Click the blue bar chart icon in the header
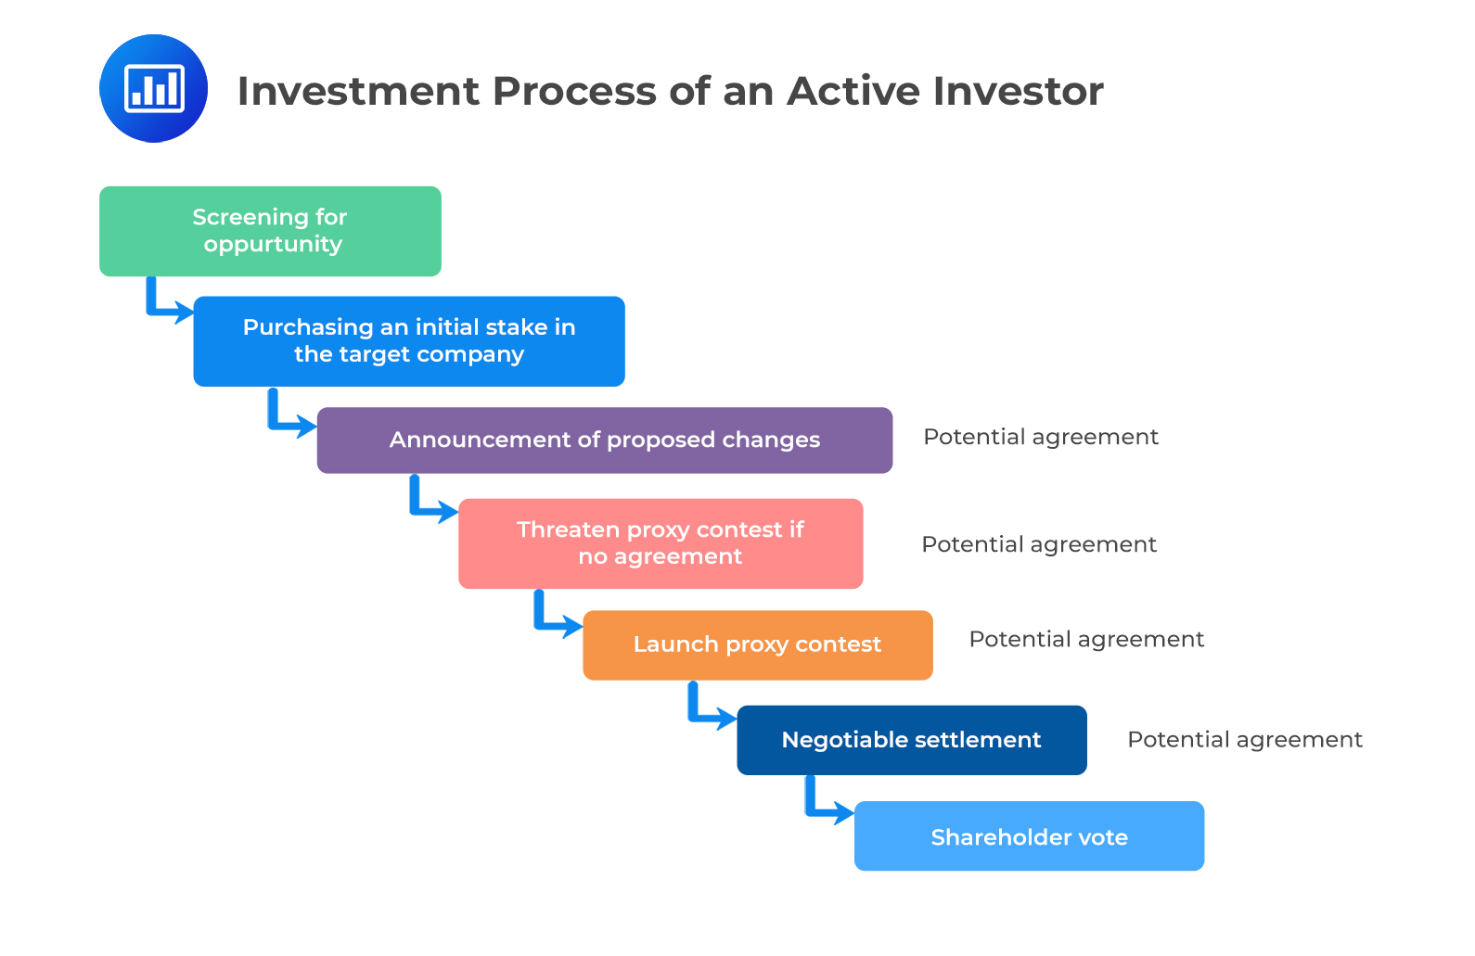pyautogui.click(x=153, y=88)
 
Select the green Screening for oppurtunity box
pyautogui.click(x=270, y=231)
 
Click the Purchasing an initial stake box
pyautogui.click(x=409, y=341)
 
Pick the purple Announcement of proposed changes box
pyautogui.click(x=605, y=440)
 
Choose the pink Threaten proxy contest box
pyautogui.click(x=661, y=543)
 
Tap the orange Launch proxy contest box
pyautogui.click(x=757, y=645)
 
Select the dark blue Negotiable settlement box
pyautogui.click(x=911, y=740)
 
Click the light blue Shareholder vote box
pyautogui.click(x=1029, y=836)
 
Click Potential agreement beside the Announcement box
pyautogui.click(x=1041, y=437)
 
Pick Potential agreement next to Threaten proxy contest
pyautogui.click(x=1039, y=544)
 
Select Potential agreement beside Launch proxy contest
pyautogui.click(x=1086, y=639)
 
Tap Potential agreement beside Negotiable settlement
pyautogui.click(x=1244, y=739)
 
